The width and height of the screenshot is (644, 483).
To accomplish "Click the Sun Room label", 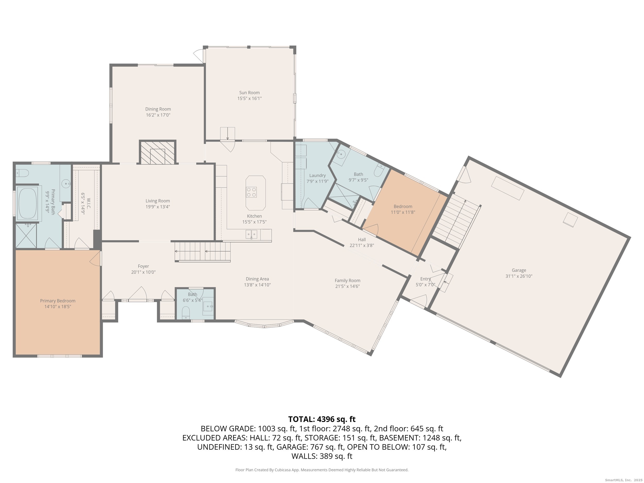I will coord(249,92).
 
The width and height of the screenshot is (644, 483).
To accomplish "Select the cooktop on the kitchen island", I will coord(251,192).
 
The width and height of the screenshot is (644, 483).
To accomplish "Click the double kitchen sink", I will coord(251,234).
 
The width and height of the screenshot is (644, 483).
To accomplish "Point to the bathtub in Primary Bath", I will coord(27,203).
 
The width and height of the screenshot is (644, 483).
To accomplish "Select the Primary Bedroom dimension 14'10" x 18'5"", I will coord(58,307).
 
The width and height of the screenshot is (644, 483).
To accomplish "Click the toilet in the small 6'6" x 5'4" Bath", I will coord(186,312).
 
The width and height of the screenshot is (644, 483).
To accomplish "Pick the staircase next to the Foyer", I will coord(203,251).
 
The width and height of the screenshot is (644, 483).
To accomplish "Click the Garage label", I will coord(519,270).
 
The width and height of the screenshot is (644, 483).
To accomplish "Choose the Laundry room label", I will coord(317,175).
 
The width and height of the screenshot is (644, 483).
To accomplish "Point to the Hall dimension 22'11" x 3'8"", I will coord(362,245).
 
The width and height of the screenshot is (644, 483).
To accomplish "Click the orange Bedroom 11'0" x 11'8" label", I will coord(403,206).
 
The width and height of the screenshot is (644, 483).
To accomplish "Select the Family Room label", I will coord(347,280).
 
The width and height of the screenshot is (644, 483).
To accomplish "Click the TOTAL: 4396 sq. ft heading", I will coord(322,419).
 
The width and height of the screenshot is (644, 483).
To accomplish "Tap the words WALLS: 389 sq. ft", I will coord(322,456).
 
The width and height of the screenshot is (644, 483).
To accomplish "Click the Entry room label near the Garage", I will coord(425,279).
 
